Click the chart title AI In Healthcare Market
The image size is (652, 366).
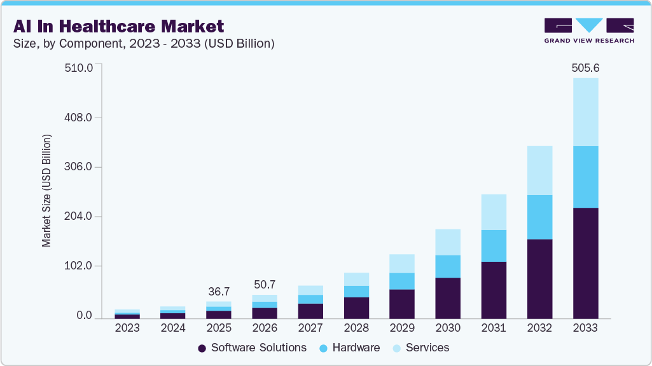pyautogui.click(x=118, y=26)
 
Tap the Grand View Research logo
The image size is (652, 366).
pyautogui.click(x=589, y=30)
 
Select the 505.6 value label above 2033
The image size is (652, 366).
pyautogui.click(x=585, y=67)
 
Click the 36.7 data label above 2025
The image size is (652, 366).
pyautogui.click(x=219, y=292)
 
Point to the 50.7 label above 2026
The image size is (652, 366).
pyautogui.click(x=265, y=284)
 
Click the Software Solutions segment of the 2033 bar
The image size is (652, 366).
pyautogui.click(x=585, y=262)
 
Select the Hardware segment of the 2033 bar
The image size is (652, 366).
pyautogui.click(x=585, y=177)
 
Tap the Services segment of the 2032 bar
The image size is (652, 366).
pyautogui.click(x=539, y=170)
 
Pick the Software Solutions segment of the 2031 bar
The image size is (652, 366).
pyautogui.click(x=494, y=290)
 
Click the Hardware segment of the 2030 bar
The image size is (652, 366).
pyautogui.click(x=448, y=266)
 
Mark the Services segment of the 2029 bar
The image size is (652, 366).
pyautogui.click(x=402, y=264)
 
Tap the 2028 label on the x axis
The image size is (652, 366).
pyautogui.click(x=356, y=329)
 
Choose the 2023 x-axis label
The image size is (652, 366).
pyautogui.click(x=127, y=329)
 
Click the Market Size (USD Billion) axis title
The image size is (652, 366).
pyautogui.click(x=46, y=191)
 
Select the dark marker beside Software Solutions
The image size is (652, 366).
pyautogui.click(x=202, y=348)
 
